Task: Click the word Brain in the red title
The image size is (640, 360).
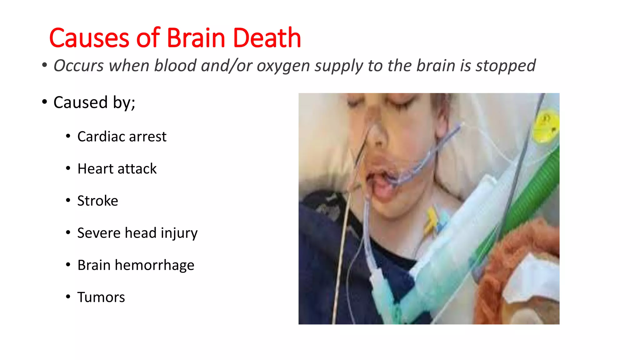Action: [196, 38]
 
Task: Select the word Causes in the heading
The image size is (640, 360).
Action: [89, 38]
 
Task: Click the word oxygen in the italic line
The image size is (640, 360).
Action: [283, 66]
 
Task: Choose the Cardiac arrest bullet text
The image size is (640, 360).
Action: [122, 137]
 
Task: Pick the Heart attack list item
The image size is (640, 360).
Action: [117, 169]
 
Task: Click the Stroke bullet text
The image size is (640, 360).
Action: [97, 201]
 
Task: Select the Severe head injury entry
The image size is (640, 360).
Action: [137, 233]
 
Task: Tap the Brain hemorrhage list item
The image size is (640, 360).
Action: [136, 265]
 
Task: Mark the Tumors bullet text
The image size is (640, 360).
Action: [101, 297]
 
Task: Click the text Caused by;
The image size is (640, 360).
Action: [94, 102]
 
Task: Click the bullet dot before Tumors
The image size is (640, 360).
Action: [68, 297]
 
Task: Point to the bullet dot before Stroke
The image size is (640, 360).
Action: [68, 200]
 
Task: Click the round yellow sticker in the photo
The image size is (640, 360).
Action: [546, 127]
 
